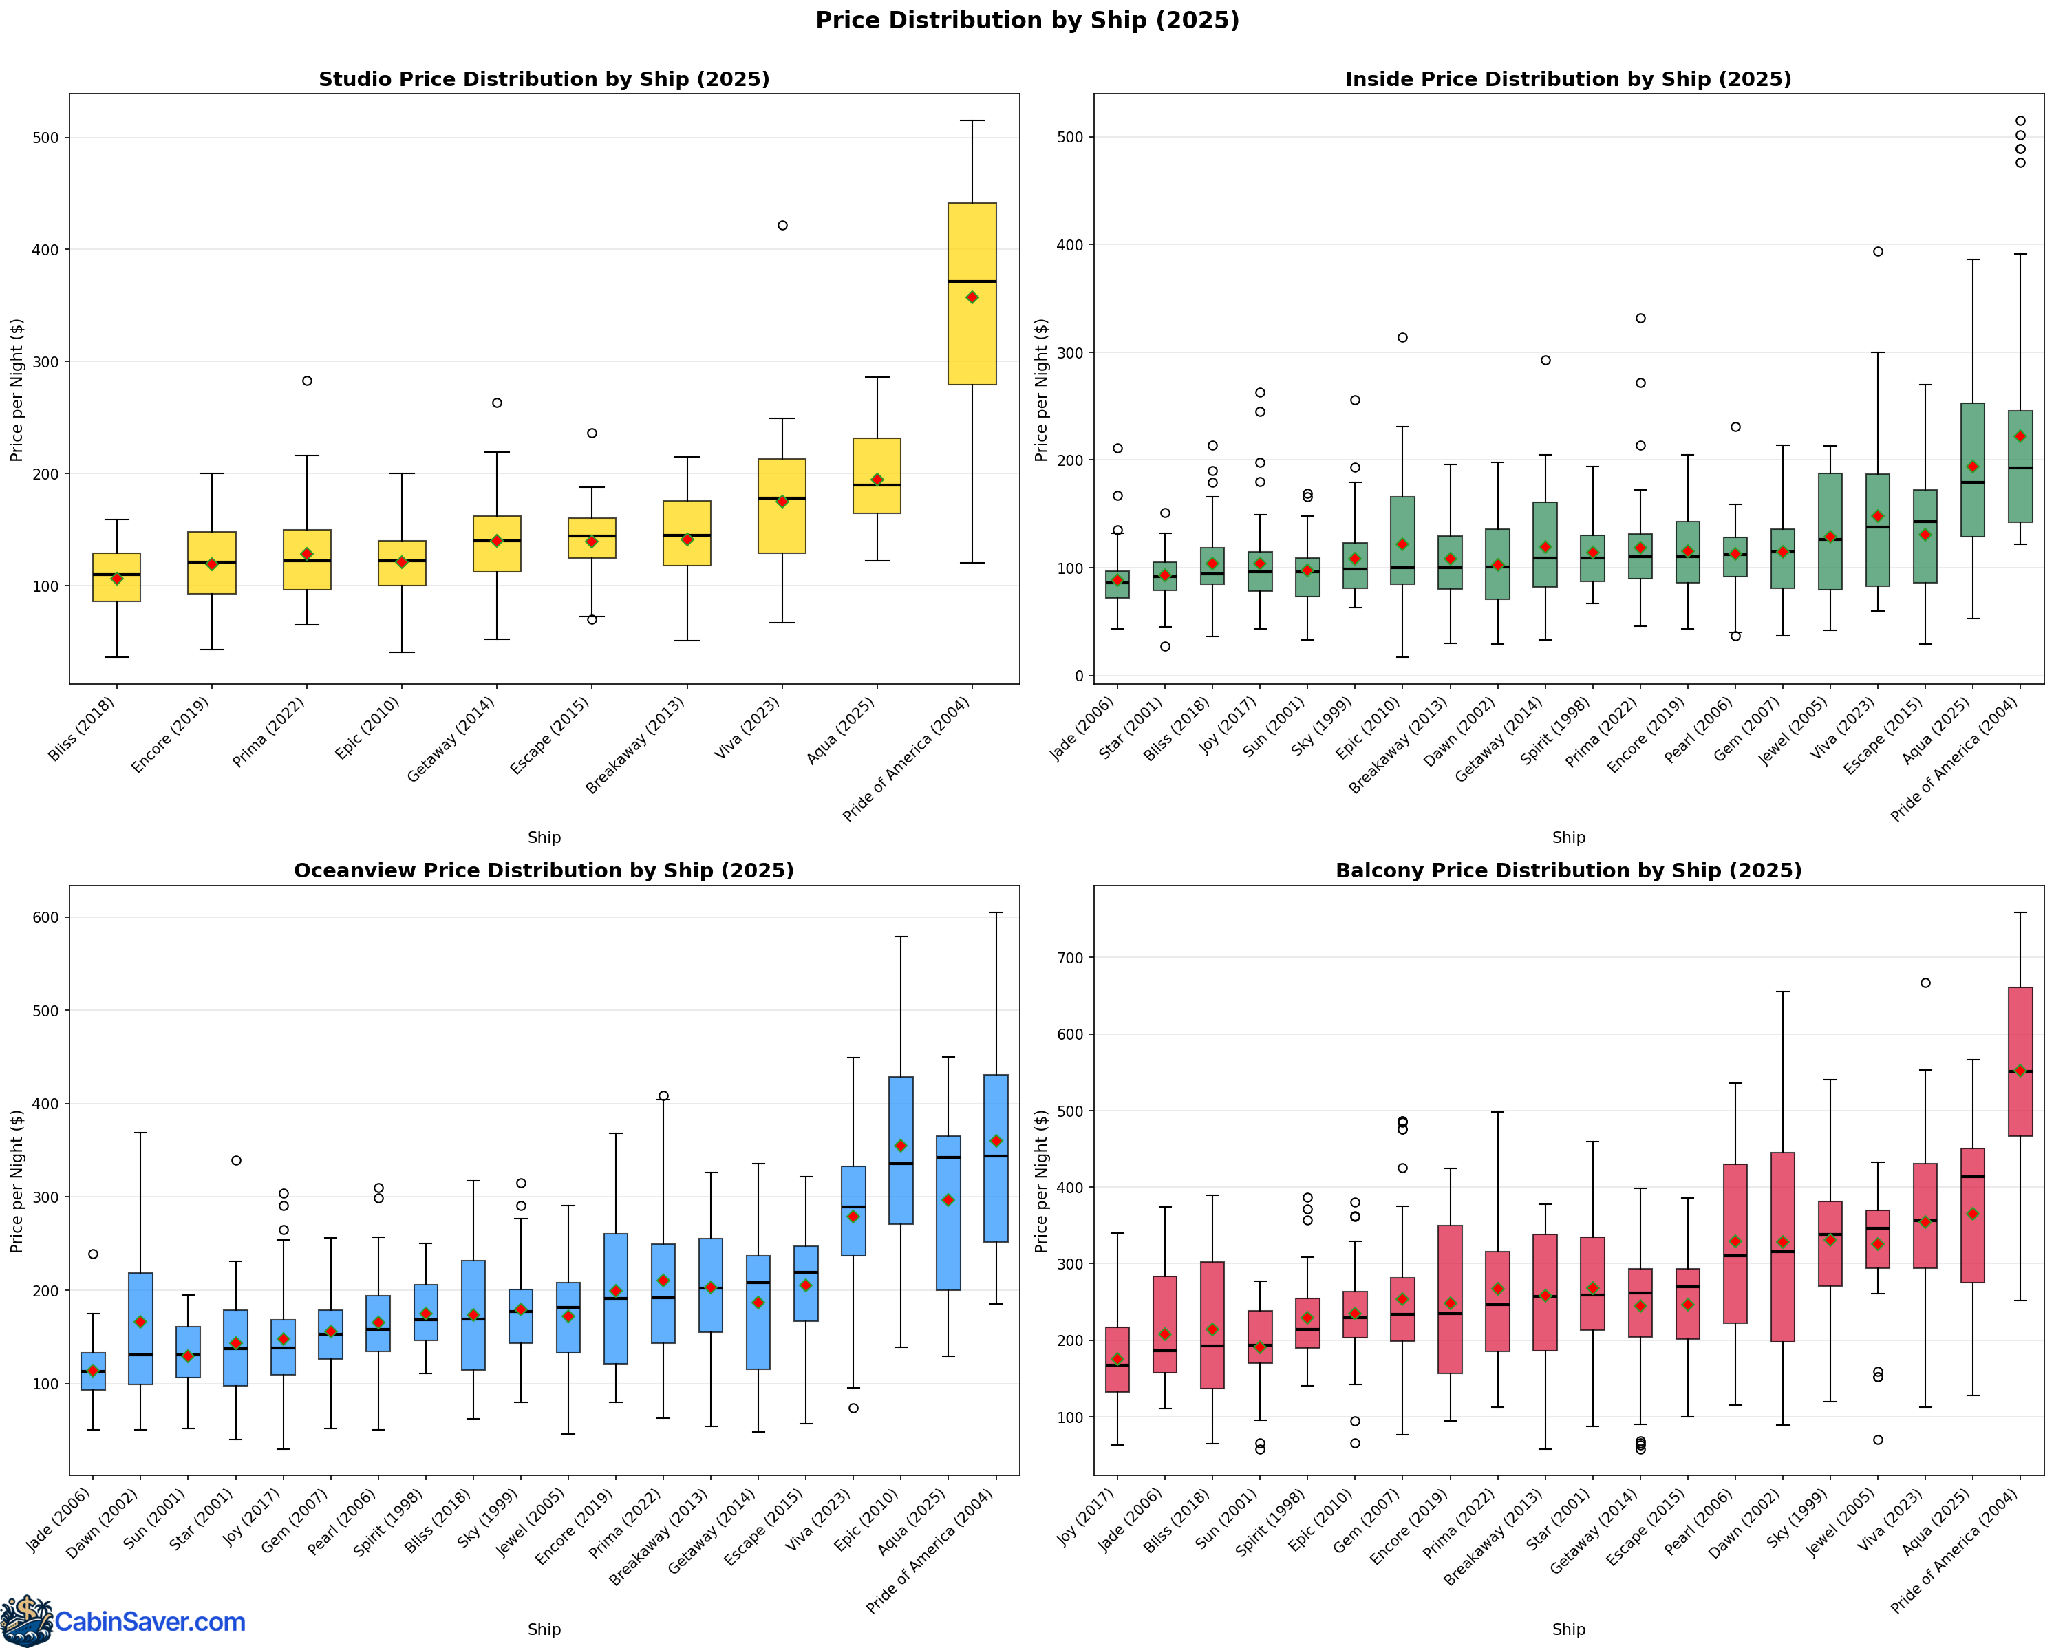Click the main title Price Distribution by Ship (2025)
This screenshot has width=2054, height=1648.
(1027, 20)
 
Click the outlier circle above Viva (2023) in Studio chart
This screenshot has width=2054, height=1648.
(782, 226)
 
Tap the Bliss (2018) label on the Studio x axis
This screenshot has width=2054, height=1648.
(84, 728)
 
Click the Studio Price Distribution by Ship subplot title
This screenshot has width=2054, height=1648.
(544, 79)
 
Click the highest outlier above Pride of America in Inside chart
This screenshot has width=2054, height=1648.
(2020, 121)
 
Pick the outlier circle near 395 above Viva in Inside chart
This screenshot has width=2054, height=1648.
(1878, 251)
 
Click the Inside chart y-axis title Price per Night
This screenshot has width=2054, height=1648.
(1040, 391)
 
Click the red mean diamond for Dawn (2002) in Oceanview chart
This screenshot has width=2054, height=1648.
(140, 1323)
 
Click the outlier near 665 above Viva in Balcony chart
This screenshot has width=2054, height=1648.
(1925, 983)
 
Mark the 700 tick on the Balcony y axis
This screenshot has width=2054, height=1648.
(1070, 957)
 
